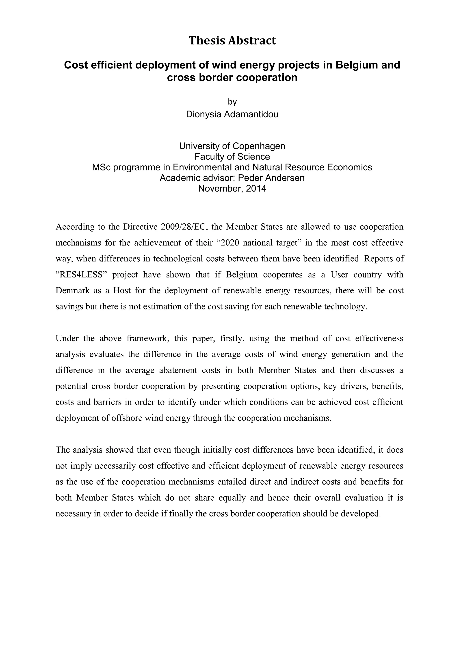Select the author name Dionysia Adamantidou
tap(232, 114)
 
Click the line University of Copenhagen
tap(232, 146)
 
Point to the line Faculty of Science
tap(232, 157)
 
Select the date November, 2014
tap(232, 189)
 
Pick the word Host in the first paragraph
tap(122, 290)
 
